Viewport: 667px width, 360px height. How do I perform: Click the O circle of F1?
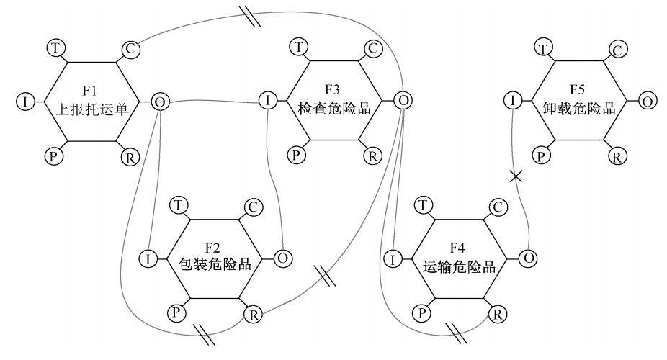click(160, 102)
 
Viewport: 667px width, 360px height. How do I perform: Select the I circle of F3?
click(267, 101)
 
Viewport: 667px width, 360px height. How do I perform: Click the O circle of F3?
click(403, 101)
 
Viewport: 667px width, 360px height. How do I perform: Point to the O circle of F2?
click(284, 257)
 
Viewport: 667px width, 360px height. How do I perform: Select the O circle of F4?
click(528, 257)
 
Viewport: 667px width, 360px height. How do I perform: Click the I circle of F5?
click(511, 101)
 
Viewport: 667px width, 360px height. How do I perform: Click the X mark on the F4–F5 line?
click(516, 176)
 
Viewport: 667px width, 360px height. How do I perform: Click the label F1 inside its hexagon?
click(89, 91)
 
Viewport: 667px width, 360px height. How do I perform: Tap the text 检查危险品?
click(334, 109)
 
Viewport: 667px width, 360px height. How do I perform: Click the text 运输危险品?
click(459, 265)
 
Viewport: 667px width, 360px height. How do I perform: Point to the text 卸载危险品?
click(578, 109)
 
